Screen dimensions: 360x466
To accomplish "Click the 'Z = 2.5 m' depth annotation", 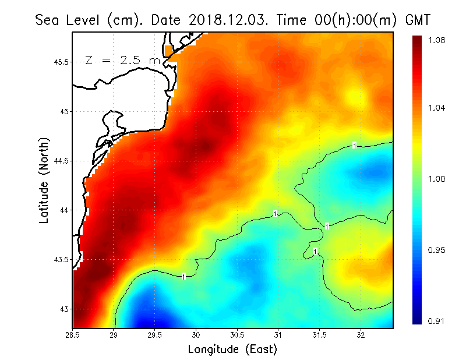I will tap(122, 60).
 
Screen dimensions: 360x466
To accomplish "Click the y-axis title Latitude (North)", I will tap(44, 181).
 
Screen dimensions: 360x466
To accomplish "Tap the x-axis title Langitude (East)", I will tap(232, 349).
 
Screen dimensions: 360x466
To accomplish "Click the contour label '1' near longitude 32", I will tap(355, 145).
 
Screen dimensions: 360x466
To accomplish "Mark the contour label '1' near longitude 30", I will tap(184, 276).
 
